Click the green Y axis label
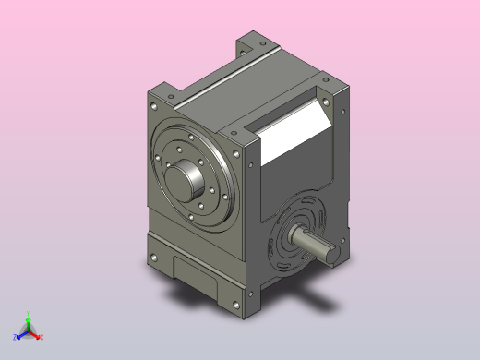(29, 313)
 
